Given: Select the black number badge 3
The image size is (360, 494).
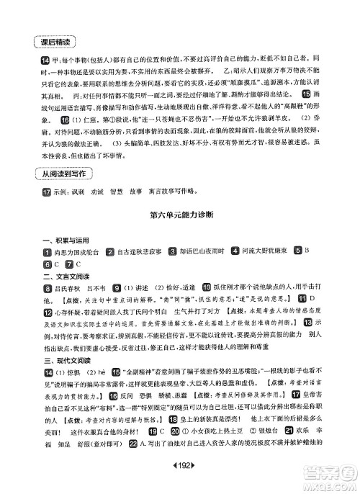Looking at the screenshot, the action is (173, 271).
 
